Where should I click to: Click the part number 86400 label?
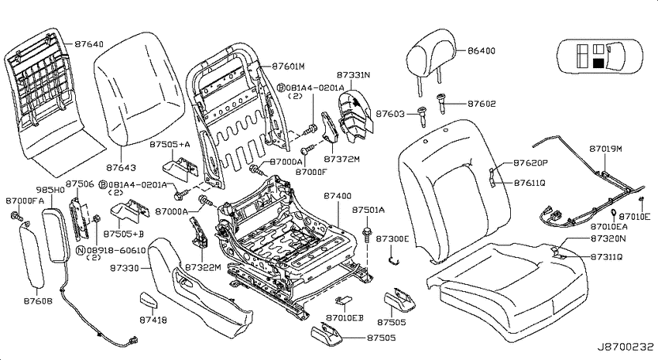click(x=482, y=51)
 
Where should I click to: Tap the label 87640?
click(x=89, y=43)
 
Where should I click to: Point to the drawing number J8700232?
click(x=625, y=347)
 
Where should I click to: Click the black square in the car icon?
click(x=598, y=63)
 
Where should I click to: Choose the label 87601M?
click(x=288, y=66)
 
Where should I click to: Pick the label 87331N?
click(x=353, y=75)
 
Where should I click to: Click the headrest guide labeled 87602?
click(x=441, y=102)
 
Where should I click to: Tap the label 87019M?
click(x=605, y=149)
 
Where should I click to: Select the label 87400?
click(x=338, y=196)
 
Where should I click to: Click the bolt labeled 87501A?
click(x=367, y=235)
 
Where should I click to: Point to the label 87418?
click(x=153, y=320)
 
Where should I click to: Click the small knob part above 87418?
click(x=149, y=300)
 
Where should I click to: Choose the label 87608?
click(x=38, y=301)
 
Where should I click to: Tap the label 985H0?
click(x=50, y=190)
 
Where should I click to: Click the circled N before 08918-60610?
click(x=81, y=251)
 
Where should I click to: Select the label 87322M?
click(x=203, y=267)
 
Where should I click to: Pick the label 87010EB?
click(x=344, y=318)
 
